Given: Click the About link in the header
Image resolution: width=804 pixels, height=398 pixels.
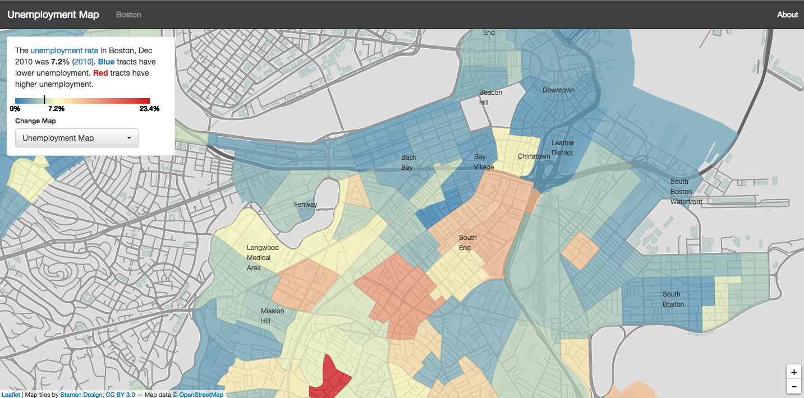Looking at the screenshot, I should [787, 15].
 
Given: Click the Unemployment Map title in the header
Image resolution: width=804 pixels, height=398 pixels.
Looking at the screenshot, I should [53, 15].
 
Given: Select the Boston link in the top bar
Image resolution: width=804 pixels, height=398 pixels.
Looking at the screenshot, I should [128, 15].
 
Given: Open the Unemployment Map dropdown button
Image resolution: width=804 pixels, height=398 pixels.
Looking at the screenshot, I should [77, 138].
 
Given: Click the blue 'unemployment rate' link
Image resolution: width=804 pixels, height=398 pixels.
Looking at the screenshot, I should [65, 50].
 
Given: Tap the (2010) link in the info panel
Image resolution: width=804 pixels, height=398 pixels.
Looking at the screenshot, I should [82, 62].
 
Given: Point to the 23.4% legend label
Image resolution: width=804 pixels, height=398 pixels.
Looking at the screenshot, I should [149, 109].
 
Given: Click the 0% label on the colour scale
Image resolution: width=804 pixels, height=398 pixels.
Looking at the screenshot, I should [15, 109].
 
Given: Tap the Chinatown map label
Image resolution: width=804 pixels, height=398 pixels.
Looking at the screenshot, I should [534, 156].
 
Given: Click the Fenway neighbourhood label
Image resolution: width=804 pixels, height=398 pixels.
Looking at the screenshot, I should [305, 205].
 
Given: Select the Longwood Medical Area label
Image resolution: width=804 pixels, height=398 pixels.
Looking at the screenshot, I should [263, 258].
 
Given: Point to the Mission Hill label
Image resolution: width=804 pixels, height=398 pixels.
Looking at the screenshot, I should [272, 316].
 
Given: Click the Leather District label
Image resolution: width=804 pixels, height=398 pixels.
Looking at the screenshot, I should [562, 148].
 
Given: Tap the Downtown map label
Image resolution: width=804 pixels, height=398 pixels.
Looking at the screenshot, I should [558, 90].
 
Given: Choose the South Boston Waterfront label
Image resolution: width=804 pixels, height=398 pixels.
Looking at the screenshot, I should [686, 191].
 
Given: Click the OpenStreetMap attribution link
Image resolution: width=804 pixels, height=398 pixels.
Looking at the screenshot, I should [201, 395].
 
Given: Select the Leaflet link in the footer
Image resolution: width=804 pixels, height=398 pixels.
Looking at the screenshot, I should [10, 395].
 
